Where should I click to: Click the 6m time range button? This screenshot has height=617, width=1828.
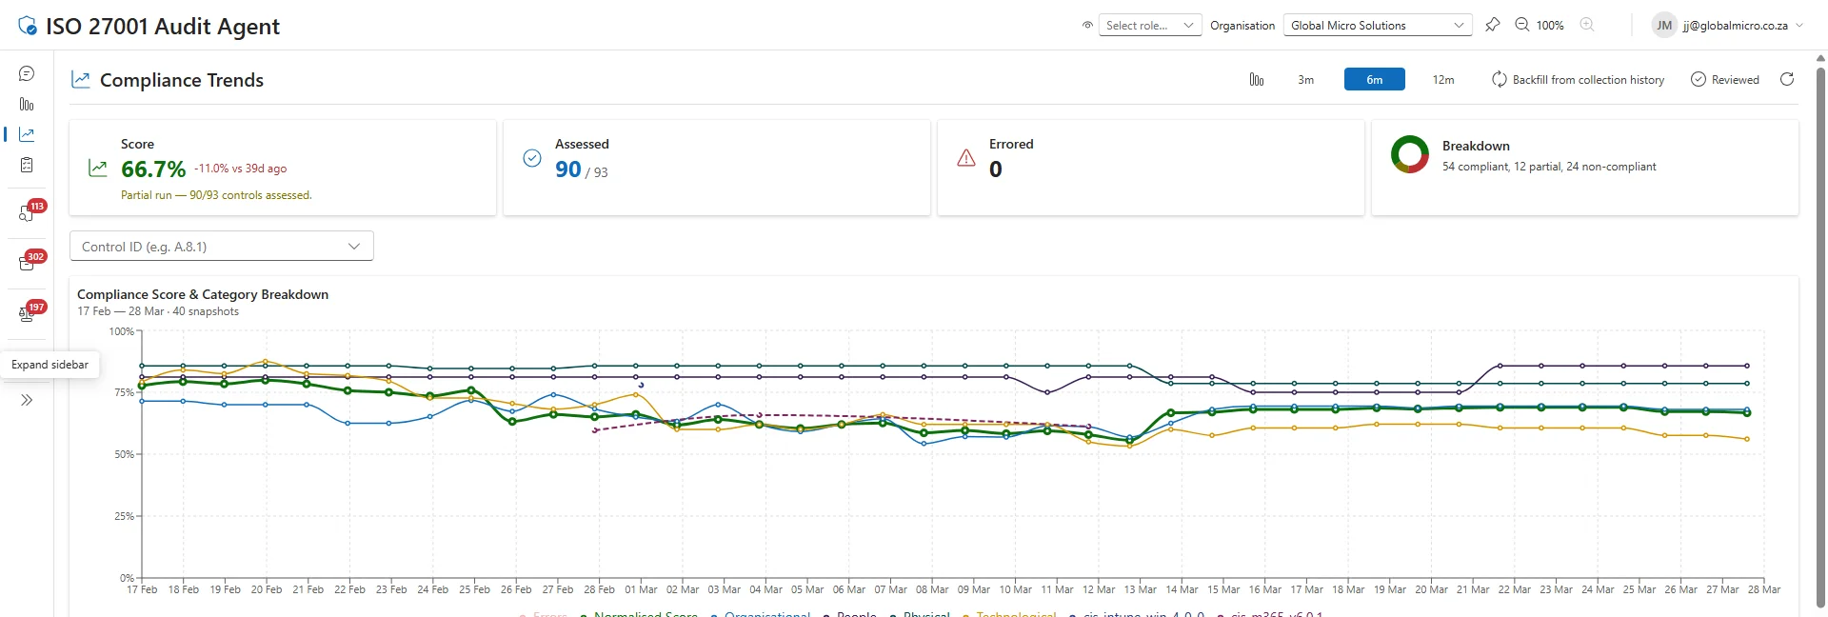pos(1374,80)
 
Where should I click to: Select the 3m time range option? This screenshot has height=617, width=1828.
pos(1305,80)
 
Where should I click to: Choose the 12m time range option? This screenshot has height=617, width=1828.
pos(1442,80)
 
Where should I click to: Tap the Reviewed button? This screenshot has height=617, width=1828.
pos(1724,80)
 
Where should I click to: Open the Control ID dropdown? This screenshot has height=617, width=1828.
pos(221,247)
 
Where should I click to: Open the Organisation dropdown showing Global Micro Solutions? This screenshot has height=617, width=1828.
pos(1377,26)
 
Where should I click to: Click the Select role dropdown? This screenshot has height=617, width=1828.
pos(1149,26)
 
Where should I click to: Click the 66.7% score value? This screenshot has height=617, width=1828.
pos(153,169)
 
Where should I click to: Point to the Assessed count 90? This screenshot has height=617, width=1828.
pos(567,169)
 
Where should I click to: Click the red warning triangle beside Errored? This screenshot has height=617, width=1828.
pos(966,158)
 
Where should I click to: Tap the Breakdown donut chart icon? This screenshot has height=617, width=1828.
pos(1409,154)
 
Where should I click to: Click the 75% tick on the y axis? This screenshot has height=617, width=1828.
pos(124,392)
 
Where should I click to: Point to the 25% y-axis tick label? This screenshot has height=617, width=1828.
pos(124,516)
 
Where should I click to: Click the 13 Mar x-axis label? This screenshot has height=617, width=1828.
pos(1140,589)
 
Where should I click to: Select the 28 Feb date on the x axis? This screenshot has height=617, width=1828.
pos(599,589)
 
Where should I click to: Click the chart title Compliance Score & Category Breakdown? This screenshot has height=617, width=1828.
pos(203,294)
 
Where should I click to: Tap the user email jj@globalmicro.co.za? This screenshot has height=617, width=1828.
pos(1735,26)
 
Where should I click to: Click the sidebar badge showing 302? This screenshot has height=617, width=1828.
pos(35,257)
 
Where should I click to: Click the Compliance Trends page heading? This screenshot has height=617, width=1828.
pos(181,80)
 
